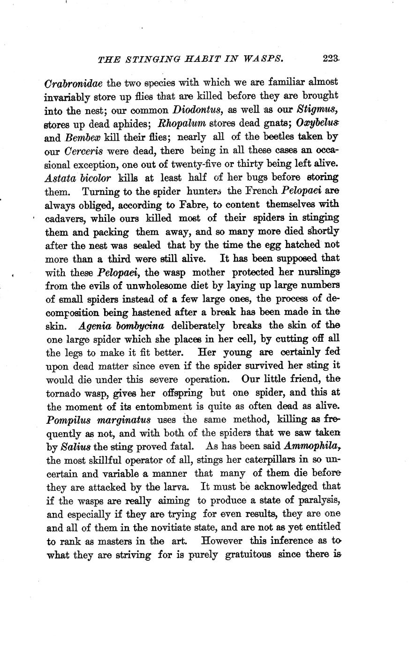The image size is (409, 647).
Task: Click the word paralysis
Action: click(317, 499)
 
